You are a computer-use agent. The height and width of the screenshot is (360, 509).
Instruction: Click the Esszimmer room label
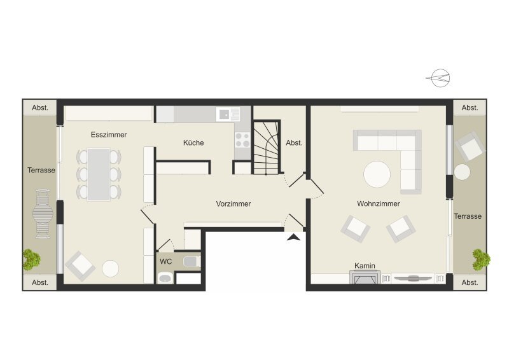[109, 135]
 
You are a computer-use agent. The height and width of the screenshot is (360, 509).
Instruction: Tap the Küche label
[193, 143]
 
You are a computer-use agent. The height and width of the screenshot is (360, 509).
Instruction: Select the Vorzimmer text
[234, 204]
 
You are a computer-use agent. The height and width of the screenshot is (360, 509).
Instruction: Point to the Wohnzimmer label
[379, 204]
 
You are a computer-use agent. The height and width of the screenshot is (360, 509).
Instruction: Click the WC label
[166, 261]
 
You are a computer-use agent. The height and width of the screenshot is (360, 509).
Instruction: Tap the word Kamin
[365, 266]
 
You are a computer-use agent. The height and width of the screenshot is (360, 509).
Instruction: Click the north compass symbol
[439, 78]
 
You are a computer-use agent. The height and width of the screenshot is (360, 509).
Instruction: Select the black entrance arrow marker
[293, 237]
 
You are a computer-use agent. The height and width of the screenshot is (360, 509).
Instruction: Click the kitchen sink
[228, 114]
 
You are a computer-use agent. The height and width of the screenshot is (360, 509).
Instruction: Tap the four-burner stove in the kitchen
[242, 140]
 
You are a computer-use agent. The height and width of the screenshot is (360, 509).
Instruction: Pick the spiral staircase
[266, 148]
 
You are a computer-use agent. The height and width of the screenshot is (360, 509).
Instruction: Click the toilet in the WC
[192, 261]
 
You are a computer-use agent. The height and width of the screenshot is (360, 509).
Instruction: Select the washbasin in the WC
[165, 278]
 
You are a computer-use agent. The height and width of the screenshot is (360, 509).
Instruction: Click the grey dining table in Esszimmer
[99, 174]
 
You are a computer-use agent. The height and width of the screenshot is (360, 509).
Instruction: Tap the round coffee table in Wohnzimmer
[377, 174]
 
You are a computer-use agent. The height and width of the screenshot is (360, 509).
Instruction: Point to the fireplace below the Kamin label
[365, 277]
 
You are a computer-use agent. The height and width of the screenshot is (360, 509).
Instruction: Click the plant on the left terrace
[31, 260]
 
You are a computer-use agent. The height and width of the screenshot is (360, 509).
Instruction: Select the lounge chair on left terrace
[43, 214]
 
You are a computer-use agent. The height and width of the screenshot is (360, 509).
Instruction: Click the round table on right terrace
[462, 172]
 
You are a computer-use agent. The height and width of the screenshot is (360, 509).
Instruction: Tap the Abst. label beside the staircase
[294, 143]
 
